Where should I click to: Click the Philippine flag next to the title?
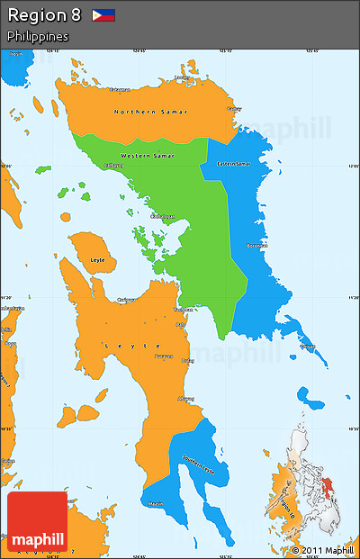click(x=103, y=15)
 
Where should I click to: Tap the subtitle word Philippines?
click(x=38, y=36)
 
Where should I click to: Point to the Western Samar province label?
click(x=148, y=156)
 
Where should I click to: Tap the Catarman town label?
click(x=120, y=89)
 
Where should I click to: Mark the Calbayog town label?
click(x=114, y=166)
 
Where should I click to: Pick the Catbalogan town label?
click(x=163, y=216)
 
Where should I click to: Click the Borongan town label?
click(x=258, y=245)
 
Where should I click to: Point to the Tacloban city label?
click(x=184, y=310)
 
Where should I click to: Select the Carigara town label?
click(x=126, y=301)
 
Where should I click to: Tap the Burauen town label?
click(x=163, y=356)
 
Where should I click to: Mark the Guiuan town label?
click(x=307, y=347)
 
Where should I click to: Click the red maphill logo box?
click(x=38, y=522)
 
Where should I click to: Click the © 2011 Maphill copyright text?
click(x=322, y=550)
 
